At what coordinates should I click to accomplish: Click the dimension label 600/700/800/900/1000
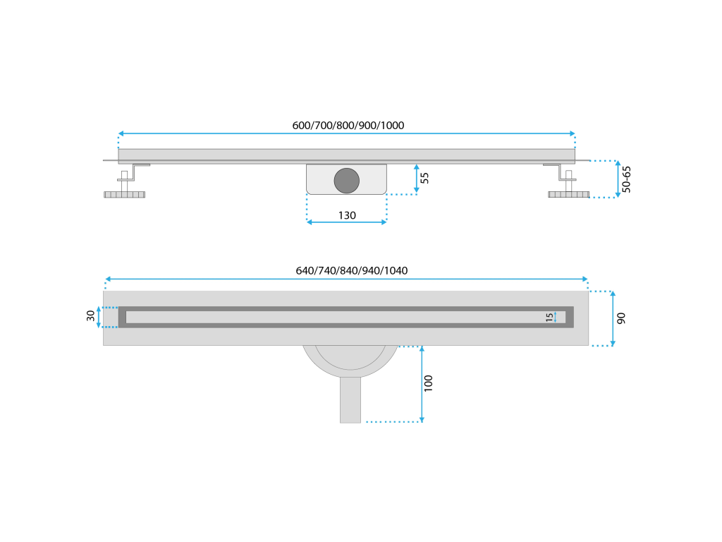point(348,126)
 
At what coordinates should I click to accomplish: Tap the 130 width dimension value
point(347,215)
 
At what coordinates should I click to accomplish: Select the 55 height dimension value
point(424,178)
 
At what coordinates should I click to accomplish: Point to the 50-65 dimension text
point(627,179)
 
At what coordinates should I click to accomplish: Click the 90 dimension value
point(621,318)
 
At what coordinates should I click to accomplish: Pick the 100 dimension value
point(429,383)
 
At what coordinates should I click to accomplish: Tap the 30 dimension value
point(91,316)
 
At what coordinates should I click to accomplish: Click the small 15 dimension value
point(549,318)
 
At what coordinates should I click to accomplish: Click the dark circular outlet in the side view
point(346,180)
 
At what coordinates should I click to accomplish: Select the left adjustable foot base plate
point(125,194)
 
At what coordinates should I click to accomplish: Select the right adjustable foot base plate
point(568,194)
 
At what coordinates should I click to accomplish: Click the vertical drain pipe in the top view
point(350,399)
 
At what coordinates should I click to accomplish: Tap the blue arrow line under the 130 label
point(347,222)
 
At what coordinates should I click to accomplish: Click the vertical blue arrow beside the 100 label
point(422,384)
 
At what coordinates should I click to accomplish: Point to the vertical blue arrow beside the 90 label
point(612,318)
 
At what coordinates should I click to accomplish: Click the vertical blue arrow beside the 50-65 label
point(618,179)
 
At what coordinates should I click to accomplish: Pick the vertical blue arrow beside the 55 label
point(417,179)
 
